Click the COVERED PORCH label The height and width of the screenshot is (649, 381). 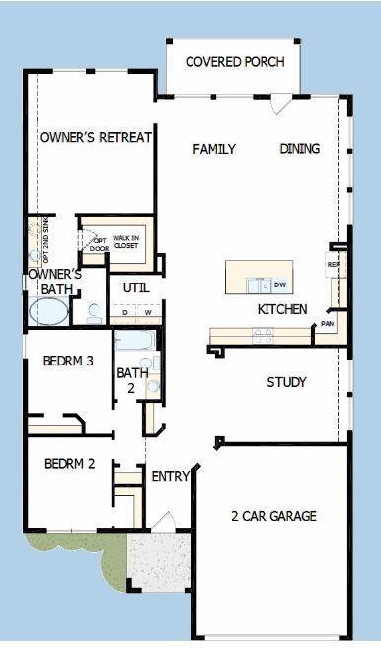tap(235, 62)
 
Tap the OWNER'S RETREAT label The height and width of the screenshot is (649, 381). tap(96, 138)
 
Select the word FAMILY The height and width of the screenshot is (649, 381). tap(214, 149)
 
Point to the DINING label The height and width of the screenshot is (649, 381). tap(300, 149)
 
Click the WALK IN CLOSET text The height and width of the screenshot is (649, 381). tap(125, 241)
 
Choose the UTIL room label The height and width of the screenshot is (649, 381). tap(136, 287)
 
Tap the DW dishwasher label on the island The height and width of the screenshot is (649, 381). tap(280, 285)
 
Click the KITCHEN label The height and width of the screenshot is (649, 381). tap(282, 309)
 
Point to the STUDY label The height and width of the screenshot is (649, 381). tap(286, 382)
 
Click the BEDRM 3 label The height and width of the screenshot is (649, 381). tap(68, 362)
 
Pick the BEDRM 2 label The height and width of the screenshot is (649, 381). tap(69, 463)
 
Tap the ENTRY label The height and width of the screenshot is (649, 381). tap(170, 477)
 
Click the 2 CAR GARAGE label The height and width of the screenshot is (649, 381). tap(273, 516)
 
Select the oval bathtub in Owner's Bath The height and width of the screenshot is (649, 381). tap(48, 312)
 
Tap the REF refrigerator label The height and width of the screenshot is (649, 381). tap(334, 265)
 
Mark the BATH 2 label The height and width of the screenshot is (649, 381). tap(131, 381)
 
